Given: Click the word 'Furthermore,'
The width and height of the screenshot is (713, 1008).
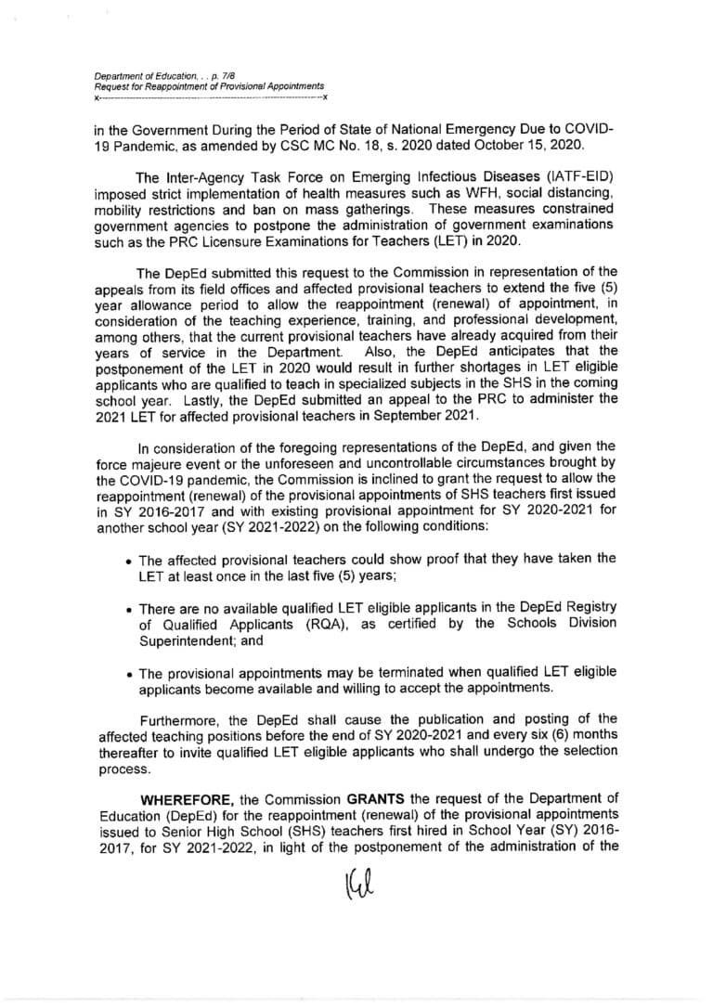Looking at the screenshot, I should (x=179, y=719).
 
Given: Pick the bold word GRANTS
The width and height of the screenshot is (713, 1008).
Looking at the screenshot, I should (x=377, y=800).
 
